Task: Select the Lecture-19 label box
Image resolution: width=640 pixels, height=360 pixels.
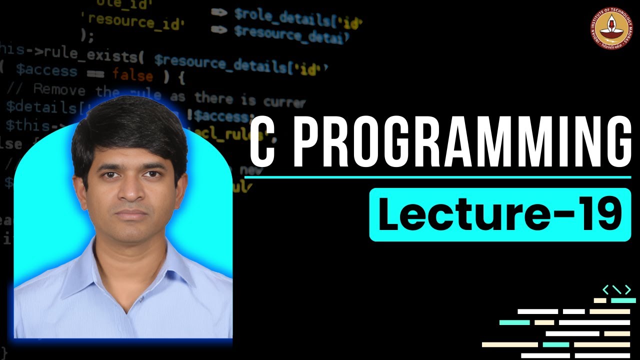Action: pyautogui.click(x=500, y=215)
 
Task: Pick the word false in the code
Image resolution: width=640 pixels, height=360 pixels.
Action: pyautogui.click(x=132, y=75)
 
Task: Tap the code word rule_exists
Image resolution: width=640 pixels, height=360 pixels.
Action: pyautogui.click(x=100, y=56)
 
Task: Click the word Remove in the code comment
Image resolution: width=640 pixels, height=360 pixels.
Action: pyautogui.click(x=59, y=90)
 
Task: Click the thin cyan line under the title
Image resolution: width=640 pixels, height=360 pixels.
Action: pyautogui.click(x=440, y=177)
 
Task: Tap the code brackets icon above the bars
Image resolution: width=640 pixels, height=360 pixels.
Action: pyautogui.click(x=616, y=289)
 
